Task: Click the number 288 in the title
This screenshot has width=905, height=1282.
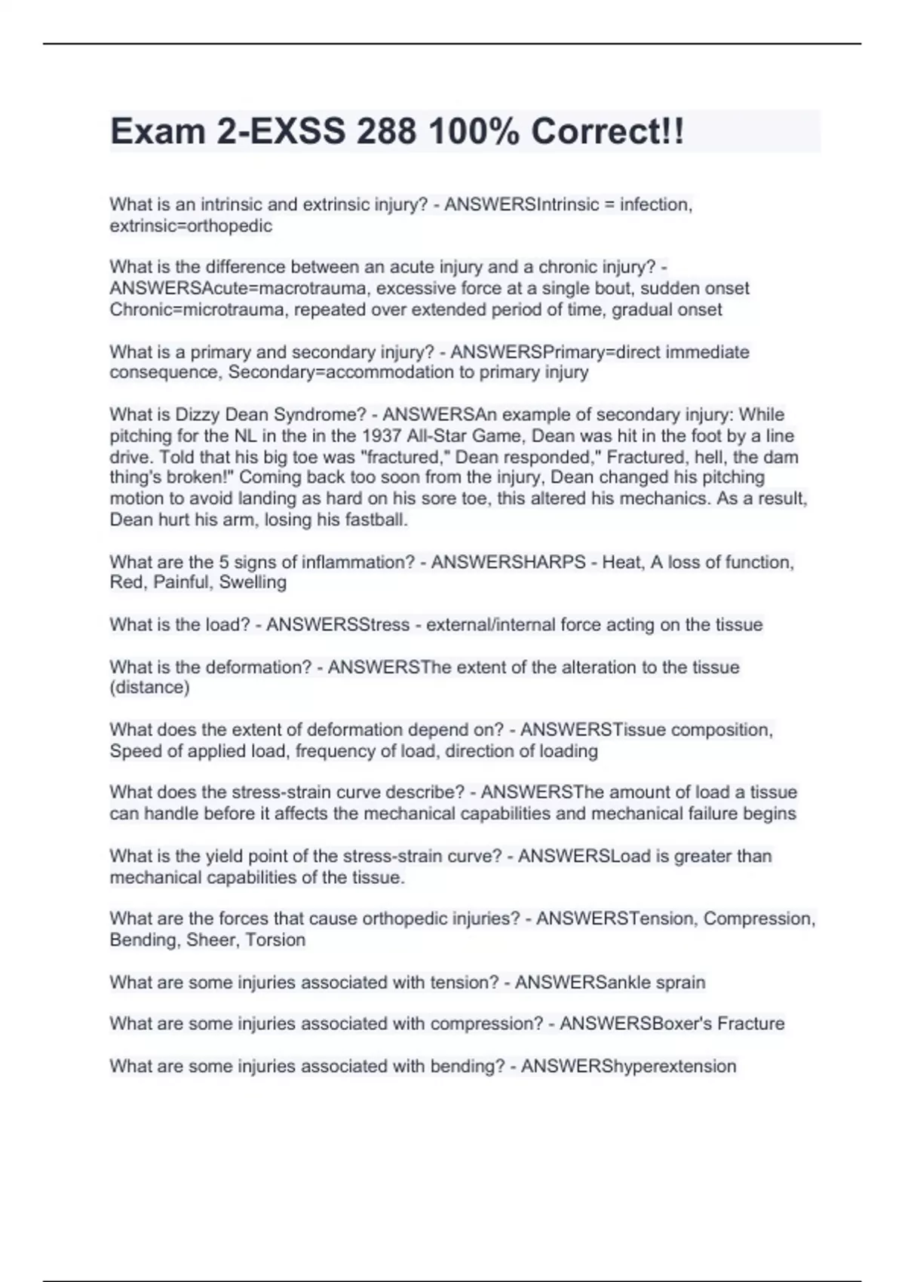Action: coord(386,132)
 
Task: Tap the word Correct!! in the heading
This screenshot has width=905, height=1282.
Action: coord(608,132)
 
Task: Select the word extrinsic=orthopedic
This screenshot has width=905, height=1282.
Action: coord(191,225)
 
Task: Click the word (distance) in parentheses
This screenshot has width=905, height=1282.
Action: coord(149,687)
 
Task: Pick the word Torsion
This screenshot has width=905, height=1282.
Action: coord(275,940)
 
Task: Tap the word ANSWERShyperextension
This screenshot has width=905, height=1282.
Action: coord(628,1066)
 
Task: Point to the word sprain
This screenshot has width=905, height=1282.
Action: coord(680,982)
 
